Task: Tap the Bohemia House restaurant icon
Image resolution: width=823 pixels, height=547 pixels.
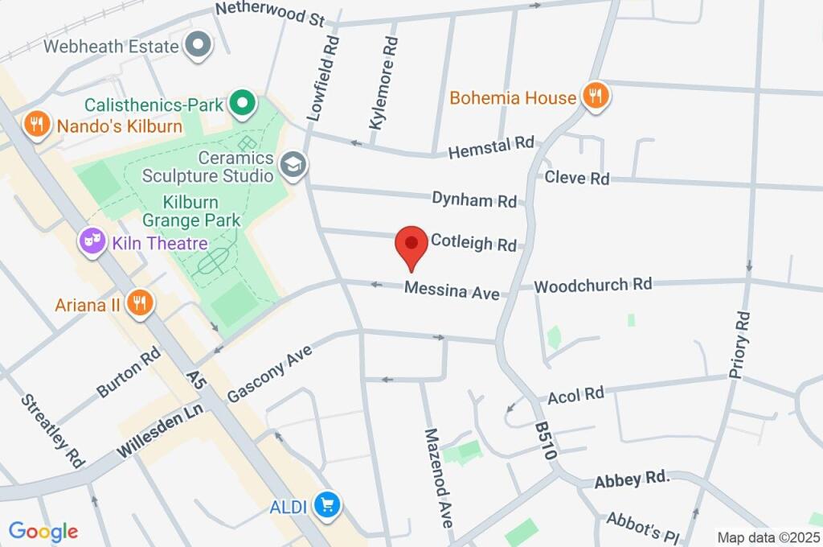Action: click(596, 97)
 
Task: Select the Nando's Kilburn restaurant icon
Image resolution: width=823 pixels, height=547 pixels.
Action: click(35, 125)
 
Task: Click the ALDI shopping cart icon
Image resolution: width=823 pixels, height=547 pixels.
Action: click(327, 505)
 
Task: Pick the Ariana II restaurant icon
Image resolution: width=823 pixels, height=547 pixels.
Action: click(140, 303)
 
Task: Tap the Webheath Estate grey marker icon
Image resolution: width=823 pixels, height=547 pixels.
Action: click(198, 45)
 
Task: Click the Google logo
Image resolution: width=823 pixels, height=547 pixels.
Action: click(43, 531)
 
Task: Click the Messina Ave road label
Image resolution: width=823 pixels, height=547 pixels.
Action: click(452, 290)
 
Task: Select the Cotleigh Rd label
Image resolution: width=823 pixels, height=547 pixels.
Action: click(473, 242)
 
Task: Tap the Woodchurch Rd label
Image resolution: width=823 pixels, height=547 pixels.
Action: click(592, 285)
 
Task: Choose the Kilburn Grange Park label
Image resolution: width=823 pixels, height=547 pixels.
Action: click(191, 210)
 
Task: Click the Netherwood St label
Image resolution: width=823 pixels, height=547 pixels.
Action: click(269, 14)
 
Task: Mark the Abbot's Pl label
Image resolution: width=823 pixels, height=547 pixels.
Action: click(643, 528)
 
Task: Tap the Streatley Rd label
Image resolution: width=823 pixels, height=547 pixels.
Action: click(53, 430)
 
